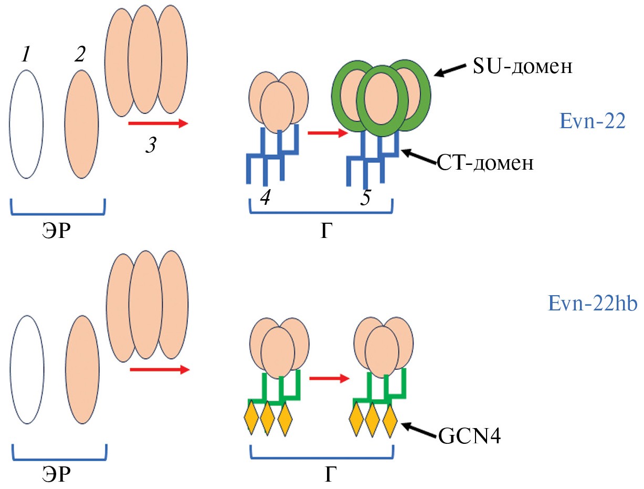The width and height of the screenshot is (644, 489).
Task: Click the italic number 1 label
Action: [25, 54]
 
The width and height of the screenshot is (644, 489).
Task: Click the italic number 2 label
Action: [80, 54]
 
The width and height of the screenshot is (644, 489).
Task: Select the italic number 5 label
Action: [366, 198]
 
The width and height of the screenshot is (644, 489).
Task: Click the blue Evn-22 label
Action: [592, 121]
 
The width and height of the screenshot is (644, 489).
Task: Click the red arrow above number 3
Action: [158, 124]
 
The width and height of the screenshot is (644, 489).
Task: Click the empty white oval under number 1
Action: [26, 124]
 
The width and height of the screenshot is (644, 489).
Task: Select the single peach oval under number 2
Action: [81, 124]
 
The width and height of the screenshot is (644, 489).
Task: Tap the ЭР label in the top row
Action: [57, 231]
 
